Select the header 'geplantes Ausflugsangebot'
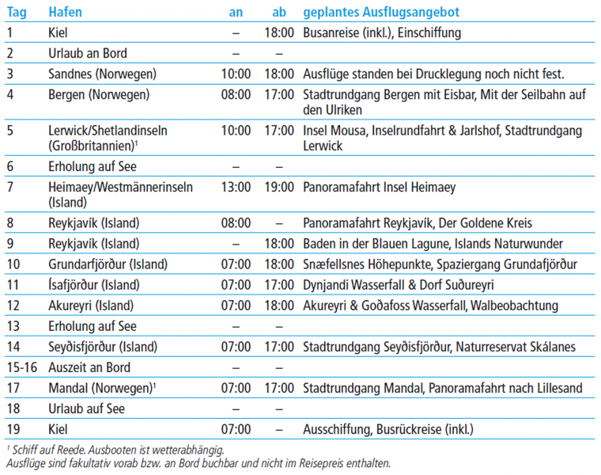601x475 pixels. coord(381,13)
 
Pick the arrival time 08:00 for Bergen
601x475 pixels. coord(236,95)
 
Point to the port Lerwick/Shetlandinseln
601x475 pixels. coord(108,131)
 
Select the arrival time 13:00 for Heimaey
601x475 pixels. coord(236,188)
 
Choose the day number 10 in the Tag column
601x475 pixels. coord(13,264)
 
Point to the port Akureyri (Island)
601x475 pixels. coord(91,306)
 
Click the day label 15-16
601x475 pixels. coord(20,367)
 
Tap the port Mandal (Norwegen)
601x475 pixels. coord(99,388)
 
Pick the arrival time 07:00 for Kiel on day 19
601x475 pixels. coord(236,430)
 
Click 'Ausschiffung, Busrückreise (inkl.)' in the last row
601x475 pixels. coord(387,430)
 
